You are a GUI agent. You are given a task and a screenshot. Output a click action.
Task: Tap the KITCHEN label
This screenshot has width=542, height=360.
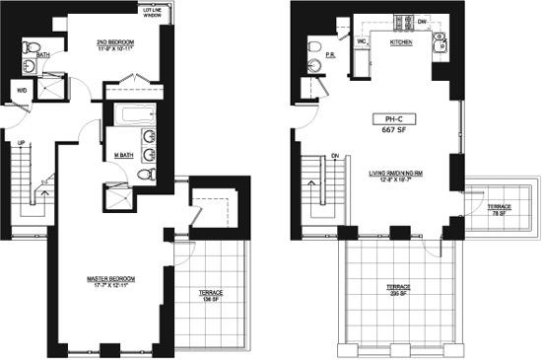click(401, 43)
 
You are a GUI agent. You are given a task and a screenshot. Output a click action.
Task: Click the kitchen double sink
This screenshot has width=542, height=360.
click(440, 41)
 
